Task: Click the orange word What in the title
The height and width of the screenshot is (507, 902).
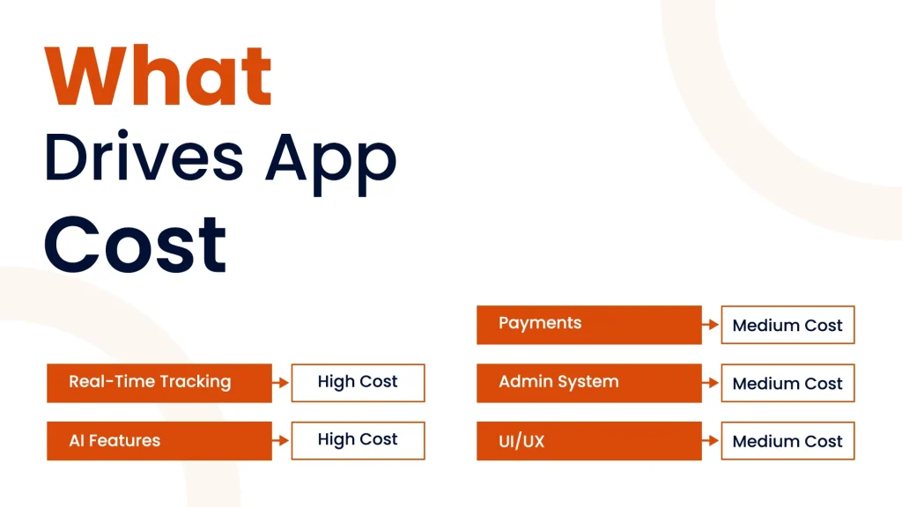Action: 158,76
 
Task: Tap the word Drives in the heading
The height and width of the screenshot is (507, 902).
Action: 144,157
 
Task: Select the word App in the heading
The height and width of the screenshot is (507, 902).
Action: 331,164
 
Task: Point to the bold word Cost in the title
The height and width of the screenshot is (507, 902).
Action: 135,245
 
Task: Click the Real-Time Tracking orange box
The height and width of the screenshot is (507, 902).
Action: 159,383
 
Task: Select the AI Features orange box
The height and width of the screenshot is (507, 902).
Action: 159,441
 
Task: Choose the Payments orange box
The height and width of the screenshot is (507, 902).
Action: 589,325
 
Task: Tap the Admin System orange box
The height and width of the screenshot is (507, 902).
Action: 589,383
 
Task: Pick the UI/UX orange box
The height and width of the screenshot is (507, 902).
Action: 589,441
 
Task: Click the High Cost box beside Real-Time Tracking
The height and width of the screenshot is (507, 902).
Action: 358,383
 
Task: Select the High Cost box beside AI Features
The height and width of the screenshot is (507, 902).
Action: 358,441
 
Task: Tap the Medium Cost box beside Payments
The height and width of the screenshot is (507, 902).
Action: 787,325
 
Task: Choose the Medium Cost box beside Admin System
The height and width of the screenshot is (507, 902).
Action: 787,383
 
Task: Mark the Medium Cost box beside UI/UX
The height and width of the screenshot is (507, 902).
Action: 787,441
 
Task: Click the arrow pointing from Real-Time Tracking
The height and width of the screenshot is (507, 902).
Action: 280,382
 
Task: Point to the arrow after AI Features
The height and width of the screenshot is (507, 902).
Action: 280,440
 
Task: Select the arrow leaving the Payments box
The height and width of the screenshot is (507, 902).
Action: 711,325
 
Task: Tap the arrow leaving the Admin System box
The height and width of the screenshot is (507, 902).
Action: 711,382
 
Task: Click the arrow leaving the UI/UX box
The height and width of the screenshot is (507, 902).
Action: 711,440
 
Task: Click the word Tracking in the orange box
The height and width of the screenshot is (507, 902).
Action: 196,382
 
